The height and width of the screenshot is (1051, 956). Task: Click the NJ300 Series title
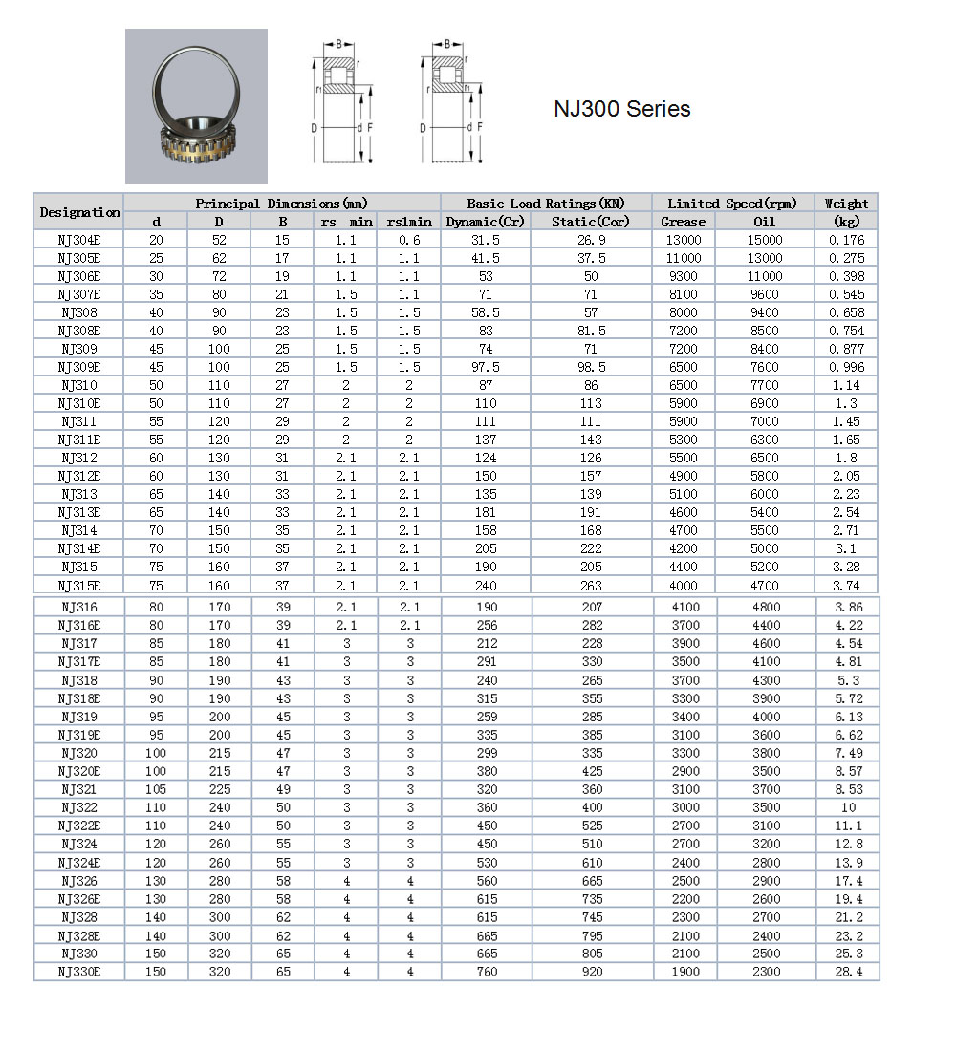(x=621, y=109)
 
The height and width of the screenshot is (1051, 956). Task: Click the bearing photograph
(x=196, y=106)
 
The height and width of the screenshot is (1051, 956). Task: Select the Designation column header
(x=79, y=212)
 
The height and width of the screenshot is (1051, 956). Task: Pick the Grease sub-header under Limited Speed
(x=683, y=222)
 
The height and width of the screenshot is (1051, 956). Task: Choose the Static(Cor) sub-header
(x=591, y=222)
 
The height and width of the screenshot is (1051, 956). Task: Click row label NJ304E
(x=79, y=240)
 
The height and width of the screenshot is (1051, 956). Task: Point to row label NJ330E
(x=79, y=972)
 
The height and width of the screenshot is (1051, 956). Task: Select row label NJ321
(x=79, y=789)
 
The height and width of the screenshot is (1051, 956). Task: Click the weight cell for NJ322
(x=846, y=807)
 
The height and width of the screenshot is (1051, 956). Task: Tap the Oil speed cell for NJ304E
(x=765, y=240)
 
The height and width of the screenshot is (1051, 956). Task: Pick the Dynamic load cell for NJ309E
(x=486, y=367)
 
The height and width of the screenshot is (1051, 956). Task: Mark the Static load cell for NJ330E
(x=592, y=972)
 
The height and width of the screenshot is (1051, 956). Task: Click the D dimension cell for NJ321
(x=220, y=789)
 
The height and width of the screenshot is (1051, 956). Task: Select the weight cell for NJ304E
(x=846, y=240)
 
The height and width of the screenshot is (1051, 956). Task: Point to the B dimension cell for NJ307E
(x=283, y=294)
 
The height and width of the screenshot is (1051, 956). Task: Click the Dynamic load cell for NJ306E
(x=486, y=276)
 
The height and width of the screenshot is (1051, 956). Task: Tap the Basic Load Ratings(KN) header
(x=545, y=204)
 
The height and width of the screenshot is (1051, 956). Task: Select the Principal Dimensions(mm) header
(x=281, y=204)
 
